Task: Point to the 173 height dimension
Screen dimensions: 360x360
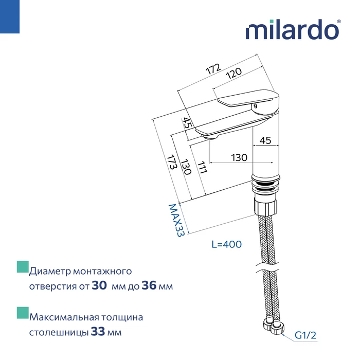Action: [x=171, y=163]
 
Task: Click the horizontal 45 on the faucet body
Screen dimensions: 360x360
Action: [x=265, y=140]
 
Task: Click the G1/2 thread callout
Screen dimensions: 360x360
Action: [x=305, y=336]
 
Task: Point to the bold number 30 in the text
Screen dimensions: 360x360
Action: [x=99, y=286]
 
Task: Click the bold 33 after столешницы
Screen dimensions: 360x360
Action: [x=98, y=332]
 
